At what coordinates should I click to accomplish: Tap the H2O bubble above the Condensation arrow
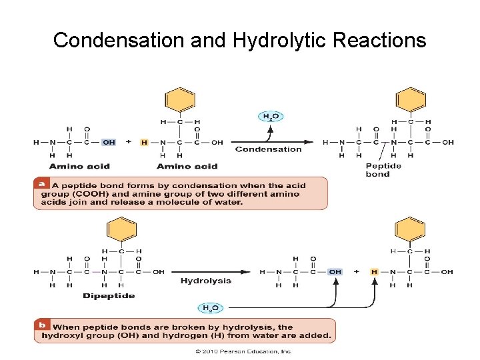click(x=270, y=117)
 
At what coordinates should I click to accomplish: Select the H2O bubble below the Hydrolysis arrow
click(x=211, y=308)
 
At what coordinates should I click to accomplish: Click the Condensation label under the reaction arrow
click(x=269, y=149)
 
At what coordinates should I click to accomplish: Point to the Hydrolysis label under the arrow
click(x=206, y=281)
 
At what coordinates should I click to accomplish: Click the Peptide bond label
click(x=383, y=170)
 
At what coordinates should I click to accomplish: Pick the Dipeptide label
click(x=109, y=295)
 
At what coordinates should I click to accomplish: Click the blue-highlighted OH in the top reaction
click(x=109, y=142)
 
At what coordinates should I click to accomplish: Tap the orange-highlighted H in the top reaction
click(x=145, y=142)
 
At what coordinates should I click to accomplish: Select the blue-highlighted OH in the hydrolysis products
click(x=335, y=272)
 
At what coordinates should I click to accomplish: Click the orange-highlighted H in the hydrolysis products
click(x=374, y=272)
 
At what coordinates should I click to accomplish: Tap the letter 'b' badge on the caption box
click(x=42, y=325)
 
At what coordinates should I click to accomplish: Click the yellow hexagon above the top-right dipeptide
click(x=411, y=100)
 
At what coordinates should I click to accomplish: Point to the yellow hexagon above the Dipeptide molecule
click(x=121, y=231)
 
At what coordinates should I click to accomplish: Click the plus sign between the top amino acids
click(x=128, y=142)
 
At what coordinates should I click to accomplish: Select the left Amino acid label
click(x=79, y=166)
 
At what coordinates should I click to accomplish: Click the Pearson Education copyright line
click(x=243, y=351)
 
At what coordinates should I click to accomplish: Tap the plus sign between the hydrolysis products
click(x=357, y=272)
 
